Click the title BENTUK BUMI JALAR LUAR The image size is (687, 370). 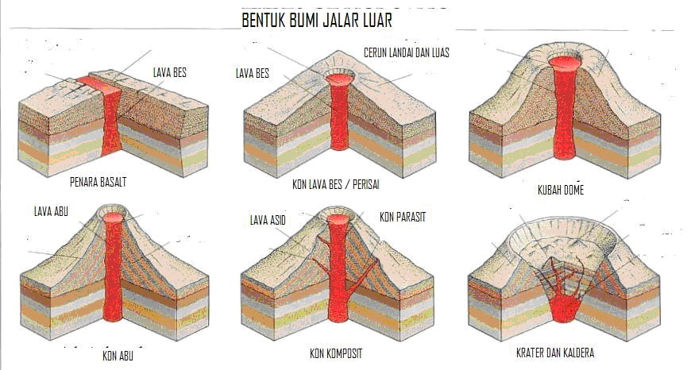[x=316, y=20]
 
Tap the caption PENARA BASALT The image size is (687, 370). [x=98, y=182]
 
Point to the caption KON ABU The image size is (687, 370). [x=118, y=354]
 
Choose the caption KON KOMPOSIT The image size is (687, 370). [x=341, y=353]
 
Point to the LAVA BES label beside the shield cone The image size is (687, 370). [x=253, y=73]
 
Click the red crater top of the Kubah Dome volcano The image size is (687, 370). [x=565, y=61]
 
